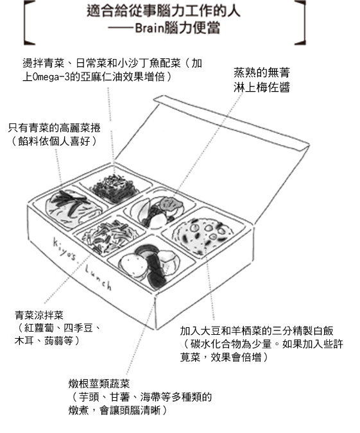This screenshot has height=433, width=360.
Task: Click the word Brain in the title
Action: [149, 28]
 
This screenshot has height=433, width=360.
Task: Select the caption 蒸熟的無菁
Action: [262, 72]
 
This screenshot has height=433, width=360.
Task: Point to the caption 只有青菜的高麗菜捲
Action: [54, 128]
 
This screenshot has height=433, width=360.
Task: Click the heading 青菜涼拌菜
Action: [39, 315]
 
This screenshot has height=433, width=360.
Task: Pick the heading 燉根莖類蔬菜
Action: [99, 384]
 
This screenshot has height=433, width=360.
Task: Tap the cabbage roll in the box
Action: [73, 208]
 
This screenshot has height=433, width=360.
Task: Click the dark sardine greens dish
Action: [114, 187]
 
